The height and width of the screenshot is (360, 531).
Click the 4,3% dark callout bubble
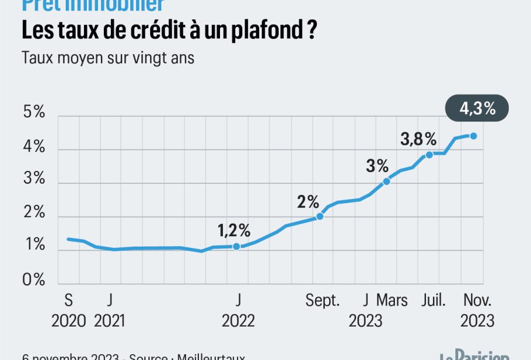point(476,109)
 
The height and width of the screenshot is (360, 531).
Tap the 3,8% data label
point(418,139)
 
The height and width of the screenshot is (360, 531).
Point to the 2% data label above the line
point(308,203)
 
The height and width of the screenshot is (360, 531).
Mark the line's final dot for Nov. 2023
point(473,136)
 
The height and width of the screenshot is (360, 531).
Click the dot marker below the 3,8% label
point(429,154)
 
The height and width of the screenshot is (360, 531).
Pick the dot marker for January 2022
point(236,247)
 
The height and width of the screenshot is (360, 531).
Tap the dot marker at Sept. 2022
point(320,216)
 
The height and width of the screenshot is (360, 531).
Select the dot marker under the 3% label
point(386,181)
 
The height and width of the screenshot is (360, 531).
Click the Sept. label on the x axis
point(322,301)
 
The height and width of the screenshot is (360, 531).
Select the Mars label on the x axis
point(392,301)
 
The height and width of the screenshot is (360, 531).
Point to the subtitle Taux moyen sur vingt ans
point(107,59)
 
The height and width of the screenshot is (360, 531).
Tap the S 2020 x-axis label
point(69,311)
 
